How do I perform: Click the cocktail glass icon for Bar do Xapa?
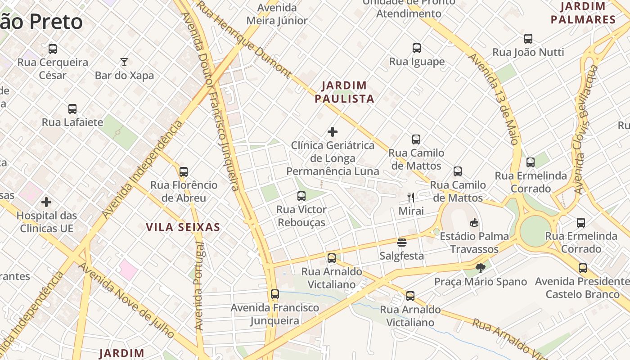(x=124, y=62)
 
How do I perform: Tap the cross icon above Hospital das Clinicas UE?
(x=46, y=202)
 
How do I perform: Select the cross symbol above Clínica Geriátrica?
(x=333, y=132)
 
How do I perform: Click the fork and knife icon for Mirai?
(x=411, y=197)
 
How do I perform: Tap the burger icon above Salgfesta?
(x=402, y=243)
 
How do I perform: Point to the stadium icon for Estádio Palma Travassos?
(x=474, y=222)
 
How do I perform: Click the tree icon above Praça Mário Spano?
(x=481, y=268)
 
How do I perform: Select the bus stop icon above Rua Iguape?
(x=417, y=48)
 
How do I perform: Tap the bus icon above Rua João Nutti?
(x=528, y=39)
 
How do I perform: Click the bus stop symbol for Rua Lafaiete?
(x=72, y=109)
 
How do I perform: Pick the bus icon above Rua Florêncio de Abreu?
(x=184, y=172)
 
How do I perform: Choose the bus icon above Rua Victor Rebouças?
(x=301, y=196)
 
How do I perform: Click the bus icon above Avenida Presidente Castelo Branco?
(x=583, y=268)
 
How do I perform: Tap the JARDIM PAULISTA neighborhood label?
(x=344, y=92)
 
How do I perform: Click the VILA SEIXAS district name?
(x=183, y=227)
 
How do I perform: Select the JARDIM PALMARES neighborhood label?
(x=583, y=13)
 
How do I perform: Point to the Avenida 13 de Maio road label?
(x=494, y=99)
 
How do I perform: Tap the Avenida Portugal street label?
(x=199, y=286)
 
